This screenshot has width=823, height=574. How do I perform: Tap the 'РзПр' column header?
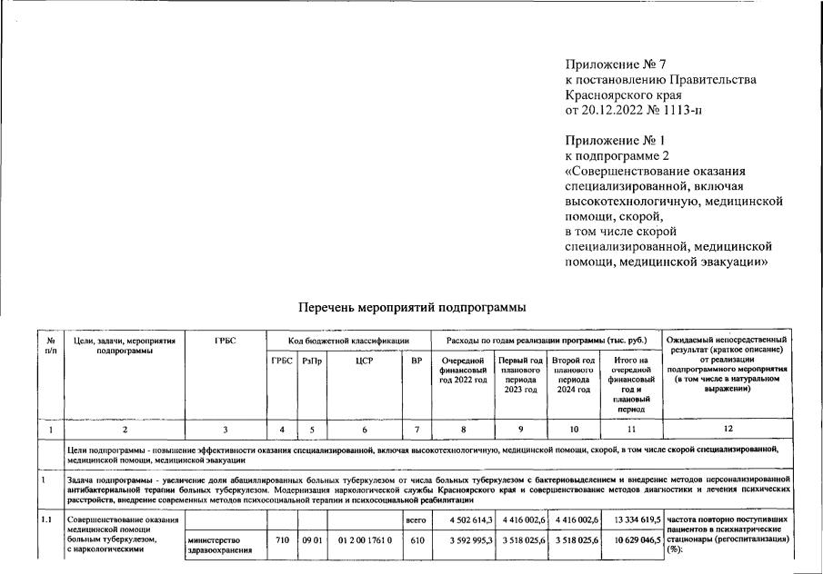(311, 361)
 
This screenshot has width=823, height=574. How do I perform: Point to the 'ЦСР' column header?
(365, 361)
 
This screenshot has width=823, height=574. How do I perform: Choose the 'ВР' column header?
(417, 361)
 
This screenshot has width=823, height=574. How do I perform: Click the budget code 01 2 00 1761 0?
(365, 539)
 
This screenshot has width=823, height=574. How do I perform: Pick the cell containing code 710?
(281, 539)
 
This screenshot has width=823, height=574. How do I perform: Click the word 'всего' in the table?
(416, 520)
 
